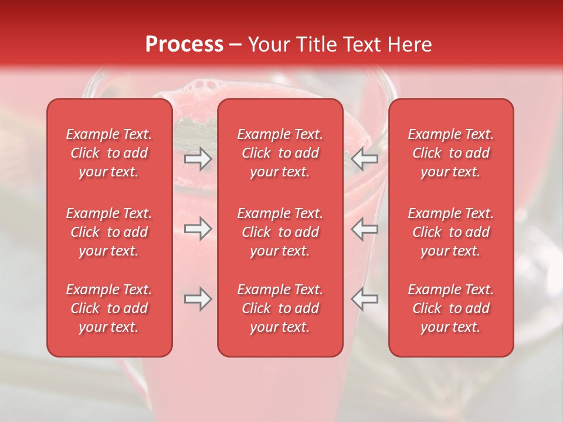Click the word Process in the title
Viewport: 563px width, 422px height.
(x=184, y=45)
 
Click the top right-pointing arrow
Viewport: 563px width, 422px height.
(x=198, y=159)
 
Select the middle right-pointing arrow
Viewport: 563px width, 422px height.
(x=198, y=229)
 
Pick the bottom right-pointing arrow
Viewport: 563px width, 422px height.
(x=198, y=299)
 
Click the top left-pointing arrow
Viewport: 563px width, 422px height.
(x=365, y=159)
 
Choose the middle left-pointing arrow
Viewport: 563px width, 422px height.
(x=365, y=229)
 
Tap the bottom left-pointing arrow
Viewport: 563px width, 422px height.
(x=365, y=299)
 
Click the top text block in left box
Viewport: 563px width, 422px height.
(x=109, y=153)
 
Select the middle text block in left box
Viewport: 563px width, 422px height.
(x=109, y=232)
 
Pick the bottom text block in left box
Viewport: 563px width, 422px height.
(x=109, y=308)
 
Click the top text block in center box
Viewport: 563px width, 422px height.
(x=280, y=153)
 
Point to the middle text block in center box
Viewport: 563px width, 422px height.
(x=280, y=232)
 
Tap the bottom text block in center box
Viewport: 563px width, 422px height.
(x=280, y=308)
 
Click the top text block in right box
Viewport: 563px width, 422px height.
(x=450, y=153)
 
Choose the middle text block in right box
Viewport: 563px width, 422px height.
(x=450, y=232)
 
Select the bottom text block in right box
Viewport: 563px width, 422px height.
(x=450, y=308)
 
